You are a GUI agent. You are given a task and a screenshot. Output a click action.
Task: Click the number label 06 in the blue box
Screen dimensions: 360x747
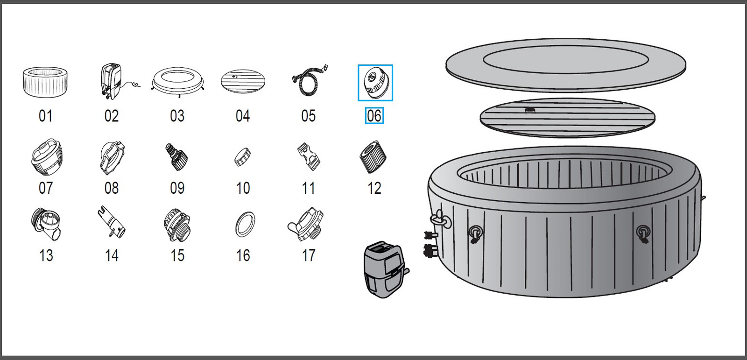tap(374, 116)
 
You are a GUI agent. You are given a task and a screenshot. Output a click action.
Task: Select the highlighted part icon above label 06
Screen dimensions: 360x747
tap(375, 83)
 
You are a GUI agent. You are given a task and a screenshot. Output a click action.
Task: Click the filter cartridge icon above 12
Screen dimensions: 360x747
tap(373, 157)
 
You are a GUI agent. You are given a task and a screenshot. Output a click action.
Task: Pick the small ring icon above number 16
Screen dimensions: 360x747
tap(245, 225)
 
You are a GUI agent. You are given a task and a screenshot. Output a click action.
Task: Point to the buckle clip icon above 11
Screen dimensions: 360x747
tap(309, 156)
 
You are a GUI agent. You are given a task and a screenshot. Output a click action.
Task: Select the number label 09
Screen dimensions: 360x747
tap(177, 188)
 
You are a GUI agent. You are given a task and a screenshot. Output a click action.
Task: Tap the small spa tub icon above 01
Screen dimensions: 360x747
tap(45, 82)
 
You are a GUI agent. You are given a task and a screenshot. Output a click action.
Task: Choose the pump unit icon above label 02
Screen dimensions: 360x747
tap(112, 81)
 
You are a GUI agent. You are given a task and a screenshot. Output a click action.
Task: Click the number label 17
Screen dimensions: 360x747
tap(309, 255)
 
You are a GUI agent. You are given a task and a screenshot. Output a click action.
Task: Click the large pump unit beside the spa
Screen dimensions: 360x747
tap(385, 269)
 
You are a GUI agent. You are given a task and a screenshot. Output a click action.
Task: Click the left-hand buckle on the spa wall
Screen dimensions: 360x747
tap(475, 233)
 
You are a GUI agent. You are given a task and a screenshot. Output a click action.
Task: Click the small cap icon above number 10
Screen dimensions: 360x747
tap(242, 157)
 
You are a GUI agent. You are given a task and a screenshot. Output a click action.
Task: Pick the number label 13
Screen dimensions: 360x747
tap(46, 255)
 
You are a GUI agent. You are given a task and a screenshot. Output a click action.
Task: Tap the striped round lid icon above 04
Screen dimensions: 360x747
tap(243, 82)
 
